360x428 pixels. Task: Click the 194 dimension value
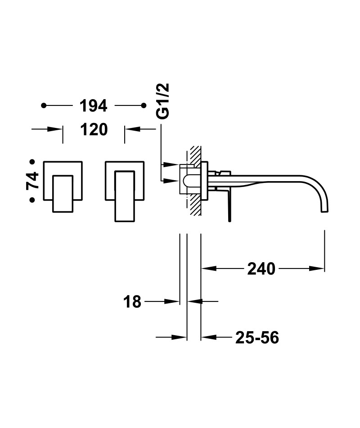pyautogui.click(x=93, y=106)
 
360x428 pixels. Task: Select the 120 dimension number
pyautogui.click(x=94, y=129)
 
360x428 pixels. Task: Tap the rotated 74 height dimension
pyautogui.click(x=33, y=181)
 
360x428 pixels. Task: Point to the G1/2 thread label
pyautogui.click(x=163, y=101)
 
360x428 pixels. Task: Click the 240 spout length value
pyautogui.click(x=261, y=269)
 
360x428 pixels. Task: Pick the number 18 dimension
pyautogui.click(x=132, y=302)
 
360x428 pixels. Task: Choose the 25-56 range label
pyautogui.click(x=257, y=337)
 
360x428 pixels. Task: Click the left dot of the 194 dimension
pyautogui.click(x=44, y=105)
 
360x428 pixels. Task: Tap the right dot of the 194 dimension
pyautogui.click(x=144, y=105)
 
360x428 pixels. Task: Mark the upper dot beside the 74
pyautogui.click(x=32, y=162)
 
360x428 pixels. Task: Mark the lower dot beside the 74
pyautogui.click(x=32, y=200)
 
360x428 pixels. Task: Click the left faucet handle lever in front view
pyautogui.click(x=63, y=194)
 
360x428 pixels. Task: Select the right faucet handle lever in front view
pyautogui.click(x=125, y=196)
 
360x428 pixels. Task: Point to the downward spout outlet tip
pyautogui.click(x=324, y=210)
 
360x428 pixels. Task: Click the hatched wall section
pyautogui.click(x=195, y=180)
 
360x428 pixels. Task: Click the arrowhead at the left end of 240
pyautogui.click(x=208, y=269)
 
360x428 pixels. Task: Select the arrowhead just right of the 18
pyautogui.click(x=195, y=301)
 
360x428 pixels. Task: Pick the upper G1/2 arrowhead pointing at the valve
pyautogui.click(x=171, y=164)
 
